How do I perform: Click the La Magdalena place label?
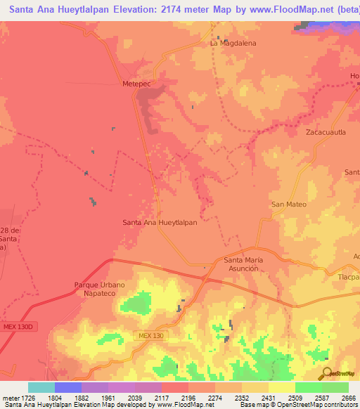[x=233, y=43]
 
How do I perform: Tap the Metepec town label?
[x=137, y=83]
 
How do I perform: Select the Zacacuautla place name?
[x=326, y=131]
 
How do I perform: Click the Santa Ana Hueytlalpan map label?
[x=160, y=223]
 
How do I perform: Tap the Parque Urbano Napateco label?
[x=99, y=289]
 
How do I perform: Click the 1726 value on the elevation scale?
[x=28, y=397]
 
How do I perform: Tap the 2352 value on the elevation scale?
[x=241, y=397]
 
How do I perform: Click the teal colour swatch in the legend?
[x=41, y=387]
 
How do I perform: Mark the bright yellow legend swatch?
[x=281, y=387]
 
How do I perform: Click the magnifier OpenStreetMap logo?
[x=327, y=374]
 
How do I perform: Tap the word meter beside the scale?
[x=9, y=397]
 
